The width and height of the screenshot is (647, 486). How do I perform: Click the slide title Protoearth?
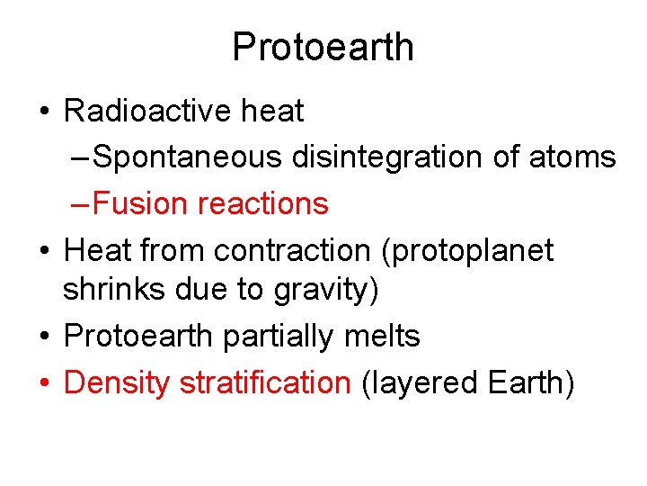(323, 47)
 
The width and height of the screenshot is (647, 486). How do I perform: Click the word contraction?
(305, 249)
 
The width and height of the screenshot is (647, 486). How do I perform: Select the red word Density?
(117, 383)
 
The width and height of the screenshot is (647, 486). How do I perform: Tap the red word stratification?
(265, 382)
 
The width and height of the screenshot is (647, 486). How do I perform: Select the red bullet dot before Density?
(45, 384)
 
